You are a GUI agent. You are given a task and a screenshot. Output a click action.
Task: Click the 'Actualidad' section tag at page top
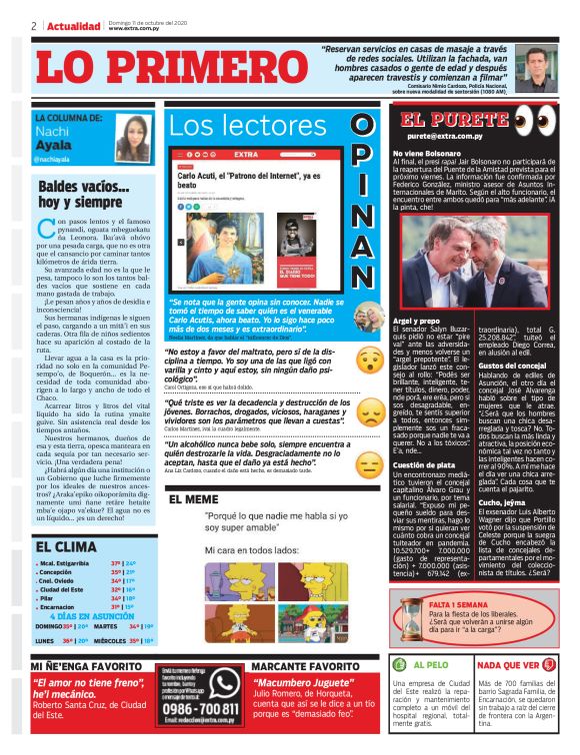coord(73,25)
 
